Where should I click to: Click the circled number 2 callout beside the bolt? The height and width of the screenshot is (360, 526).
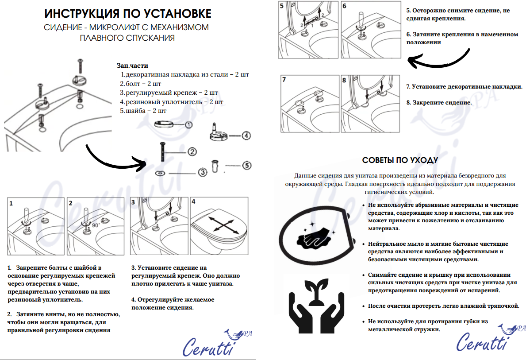[x=192, y=152]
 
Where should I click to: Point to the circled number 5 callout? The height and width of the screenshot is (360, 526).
[x=247, y=166]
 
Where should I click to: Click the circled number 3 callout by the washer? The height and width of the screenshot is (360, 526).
[x=202, y=173]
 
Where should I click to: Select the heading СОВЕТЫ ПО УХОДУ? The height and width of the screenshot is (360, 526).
[x=399, y=160]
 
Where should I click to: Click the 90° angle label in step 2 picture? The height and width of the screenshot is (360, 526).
[x=96, y=225]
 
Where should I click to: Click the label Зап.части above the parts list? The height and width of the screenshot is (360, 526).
[x=132, y=66]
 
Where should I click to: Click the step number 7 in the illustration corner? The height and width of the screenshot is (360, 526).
[x=284, y=80]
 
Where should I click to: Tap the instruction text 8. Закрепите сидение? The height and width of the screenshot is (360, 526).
[x=438, y=102]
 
